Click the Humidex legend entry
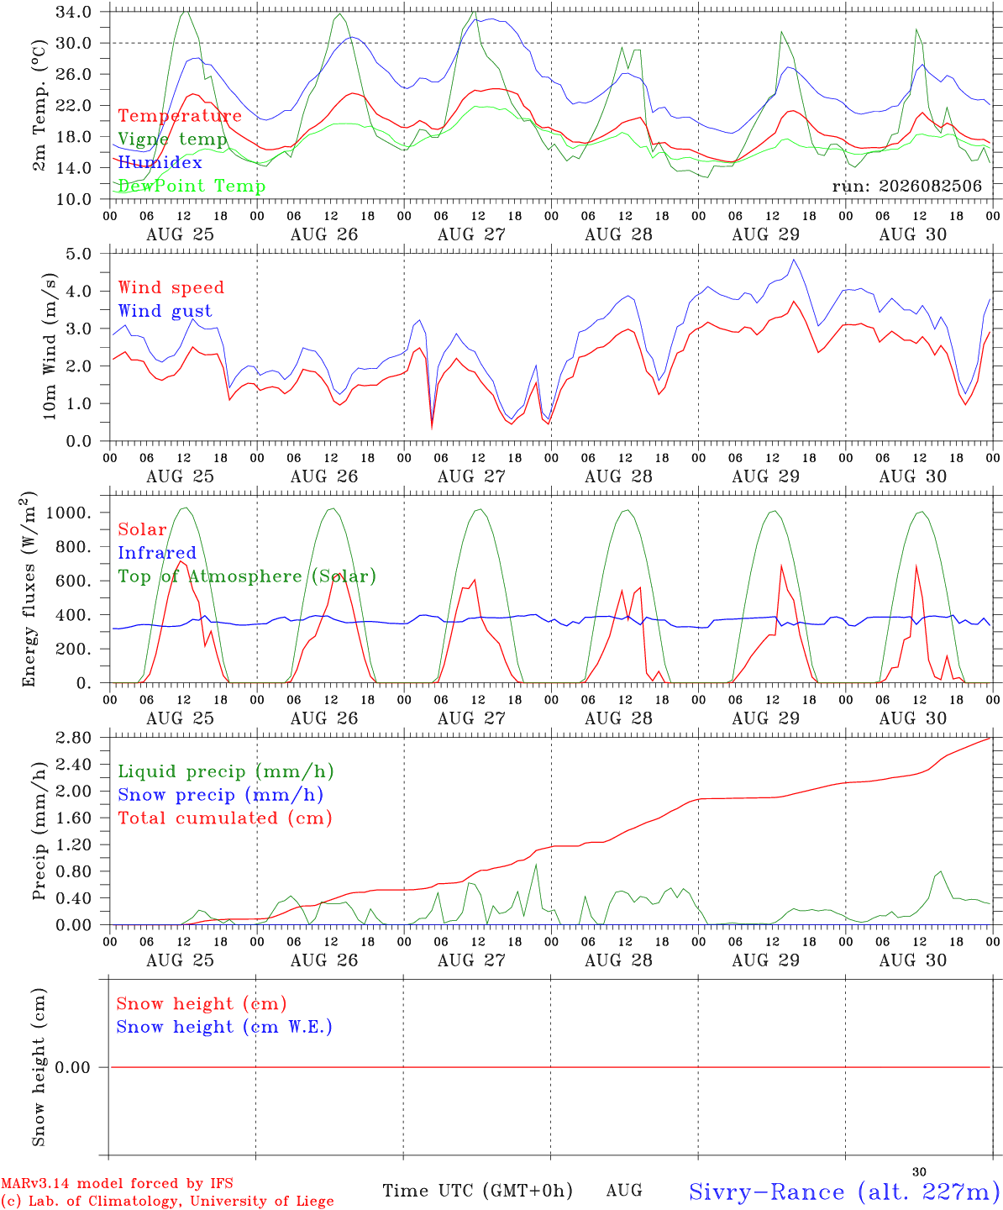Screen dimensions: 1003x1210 pos(160,162)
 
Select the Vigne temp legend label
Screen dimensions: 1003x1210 pos(173,139)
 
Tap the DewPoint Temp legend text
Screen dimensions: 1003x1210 pos(192,186)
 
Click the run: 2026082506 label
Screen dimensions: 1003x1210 pos(906,186)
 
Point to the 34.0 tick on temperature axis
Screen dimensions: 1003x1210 pos(74,12)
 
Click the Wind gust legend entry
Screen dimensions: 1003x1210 pos(165,311)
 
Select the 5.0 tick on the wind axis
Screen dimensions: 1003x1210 pos(78,254)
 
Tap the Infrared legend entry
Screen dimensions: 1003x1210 pos(157,552)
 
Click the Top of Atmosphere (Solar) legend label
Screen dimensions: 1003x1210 pos(248,576)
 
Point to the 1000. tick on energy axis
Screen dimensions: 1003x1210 pos(69,513)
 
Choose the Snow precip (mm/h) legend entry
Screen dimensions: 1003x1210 pos(220,795)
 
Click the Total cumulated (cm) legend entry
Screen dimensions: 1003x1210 pos(225,818)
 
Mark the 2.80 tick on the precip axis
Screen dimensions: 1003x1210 pos(74,738)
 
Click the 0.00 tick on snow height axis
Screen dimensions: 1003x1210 pos(72,1067)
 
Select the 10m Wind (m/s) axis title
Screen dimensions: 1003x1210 pos(50,346)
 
